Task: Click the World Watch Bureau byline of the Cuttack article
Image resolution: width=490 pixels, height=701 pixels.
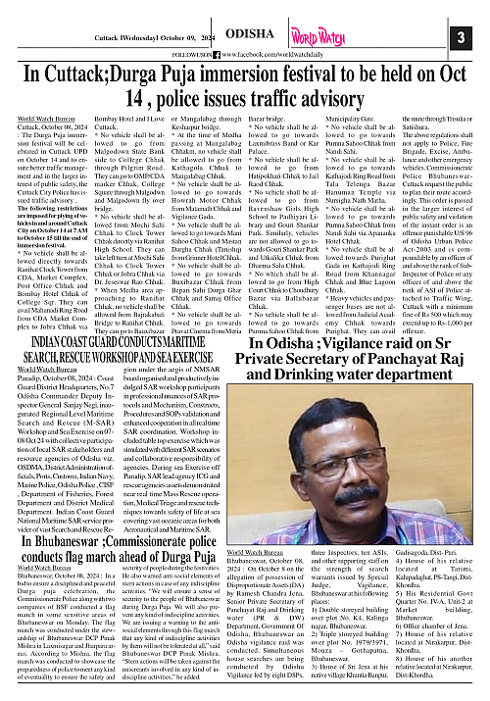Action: tap(43, 119)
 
